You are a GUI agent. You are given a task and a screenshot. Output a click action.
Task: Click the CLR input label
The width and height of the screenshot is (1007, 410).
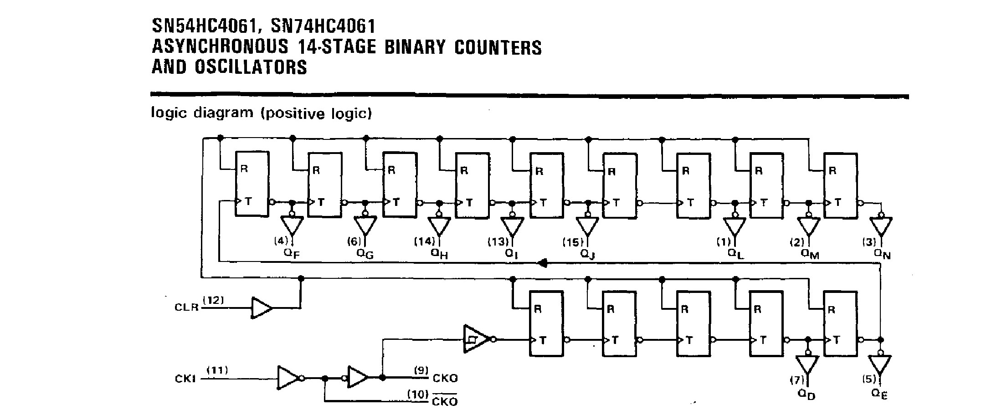(x=187, y=307)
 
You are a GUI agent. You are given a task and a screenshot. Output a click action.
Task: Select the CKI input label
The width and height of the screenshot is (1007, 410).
(x=185, y=379)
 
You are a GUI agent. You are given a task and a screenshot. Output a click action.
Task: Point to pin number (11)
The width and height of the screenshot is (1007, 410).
(x=218, y=370)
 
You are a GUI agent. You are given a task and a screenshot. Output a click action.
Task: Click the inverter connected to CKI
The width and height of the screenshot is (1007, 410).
(x=288, y=378)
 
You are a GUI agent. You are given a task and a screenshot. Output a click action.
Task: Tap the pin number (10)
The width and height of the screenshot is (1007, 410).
(x=418, y=394)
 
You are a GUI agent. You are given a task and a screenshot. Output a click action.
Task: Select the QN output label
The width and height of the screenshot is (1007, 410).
(x=882, y=254)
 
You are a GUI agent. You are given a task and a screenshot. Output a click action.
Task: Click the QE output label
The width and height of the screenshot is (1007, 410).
(x=880, y=394)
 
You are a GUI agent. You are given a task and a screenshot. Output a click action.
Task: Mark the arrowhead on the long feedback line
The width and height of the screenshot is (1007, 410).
(x=542, y=262)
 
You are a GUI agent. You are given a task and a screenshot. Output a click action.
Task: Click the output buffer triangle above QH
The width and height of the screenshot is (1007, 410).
(x=439, y=225)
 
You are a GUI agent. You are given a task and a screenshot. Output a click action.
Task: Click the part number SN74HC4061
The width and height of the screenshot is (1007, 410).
(x=323, y=26)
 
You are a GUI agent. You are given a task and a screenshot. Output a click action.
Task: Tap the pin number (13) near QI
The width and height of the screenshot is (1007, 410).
(x=498, y=242)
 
